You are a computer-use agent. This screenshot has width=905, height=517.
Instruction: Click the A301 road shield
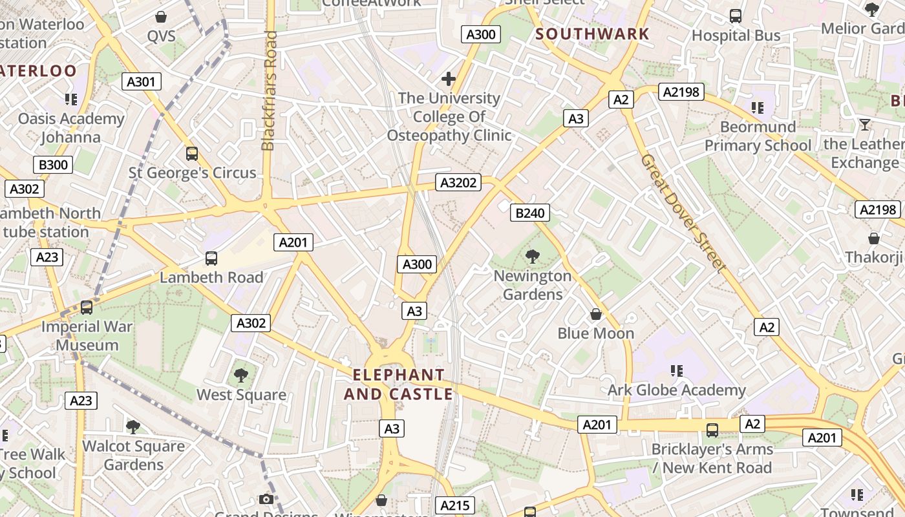(142, 81)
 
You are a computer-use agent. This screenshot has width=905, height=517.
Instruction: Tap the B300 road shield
(54, 165)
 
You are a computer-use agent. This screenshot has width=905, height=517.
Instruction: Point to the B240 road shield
(530, 213)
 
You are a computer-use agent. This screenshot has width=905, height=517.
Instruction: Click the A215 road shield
(455, 505)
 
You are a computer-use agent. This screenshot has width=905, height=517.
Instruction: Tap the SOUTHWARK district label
(592, 34)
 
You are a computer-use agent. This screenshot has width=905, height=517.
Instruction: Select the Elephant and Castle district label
(398, 385)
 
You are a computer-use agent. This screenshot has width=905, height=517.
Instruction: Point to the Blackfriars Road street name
(270, 90)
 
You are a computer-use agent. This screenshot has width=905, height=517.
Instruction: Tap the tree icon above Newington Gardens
(533, 257)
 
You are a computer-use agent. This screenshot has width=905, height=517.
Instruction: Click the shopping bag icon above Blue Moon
(596, 314)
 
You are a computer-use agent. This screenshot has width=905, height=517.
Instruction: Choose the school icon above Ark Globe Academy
(677, 371)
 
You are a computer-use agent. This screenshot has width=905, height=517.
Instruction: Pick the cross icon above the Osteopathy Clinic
(449, 79)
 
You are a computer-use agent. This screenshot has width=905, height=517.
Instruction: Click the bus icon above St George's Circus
(192, 154)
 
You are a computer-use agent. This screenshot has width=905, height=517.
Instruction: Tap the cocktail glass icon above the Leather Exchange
(865, 125)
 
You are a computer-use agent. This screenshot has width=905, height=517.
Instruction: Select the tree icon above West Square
(241, 375)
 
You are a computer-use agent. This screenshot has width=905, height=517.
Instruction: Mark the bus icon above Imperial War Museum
(87, 308)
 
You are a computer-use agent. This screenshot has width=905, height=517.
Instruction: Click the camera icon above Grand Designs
(266, 499)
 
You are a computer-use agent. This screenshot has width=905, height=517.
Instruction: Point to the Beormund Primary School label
(758, 136)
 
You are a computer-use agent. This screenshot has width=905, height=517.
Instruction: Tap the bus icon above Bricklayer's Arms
(712, 430)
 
